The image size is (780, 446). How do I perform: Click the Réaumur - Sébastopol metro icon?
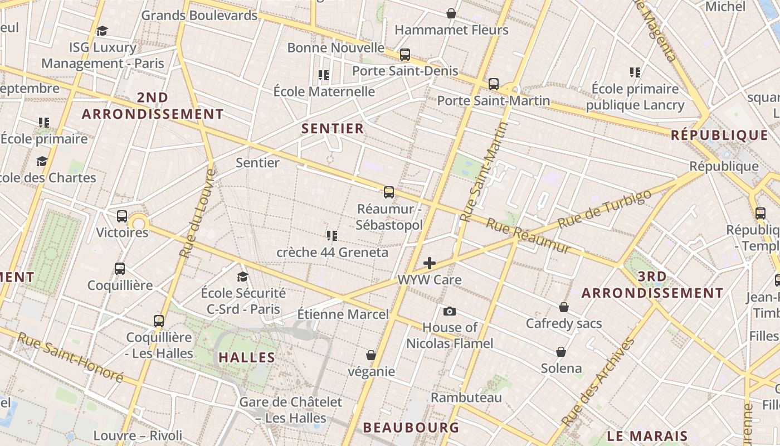click(389, 192)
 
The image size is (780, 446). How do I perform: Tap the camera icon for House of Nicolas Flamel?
click(450, 311)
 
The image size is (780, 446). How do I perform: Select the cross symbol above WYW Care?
click(430, 263)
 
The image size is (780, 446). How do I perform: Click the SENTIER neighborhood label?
click(333, 129)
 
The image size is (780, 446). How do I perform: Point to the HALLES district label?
click(247, 357)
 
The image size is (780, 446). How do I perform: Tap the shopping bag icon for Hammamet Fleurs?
click(451, 13)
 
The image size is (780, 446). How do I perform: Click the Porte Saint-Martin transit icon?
click(494, 84)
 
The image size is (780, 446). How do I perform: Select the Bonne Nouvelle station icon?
click(405, 55)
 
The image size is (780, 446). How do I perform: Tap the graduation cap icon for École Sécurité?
click(242, 277)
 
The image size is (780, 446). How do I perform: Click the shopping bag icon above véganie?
click(371, 355)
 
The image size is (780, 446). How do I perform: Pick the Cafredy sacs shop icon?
click(564, 307)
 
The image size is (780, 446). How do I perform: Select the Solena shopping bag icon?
click(561, 352)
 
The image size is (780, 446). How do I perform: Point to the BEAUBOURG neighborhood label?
click(411, 428)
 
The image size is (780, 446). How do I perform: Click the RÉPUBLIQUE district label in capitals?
click(719, 135)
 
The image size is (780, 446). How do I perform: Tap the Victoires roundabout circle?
click(138, 224)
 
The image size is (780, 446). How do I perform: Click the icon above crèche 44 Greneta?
click(332, 236)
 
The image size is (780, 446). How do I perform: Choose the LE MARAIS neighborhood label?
click(647, 436)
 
